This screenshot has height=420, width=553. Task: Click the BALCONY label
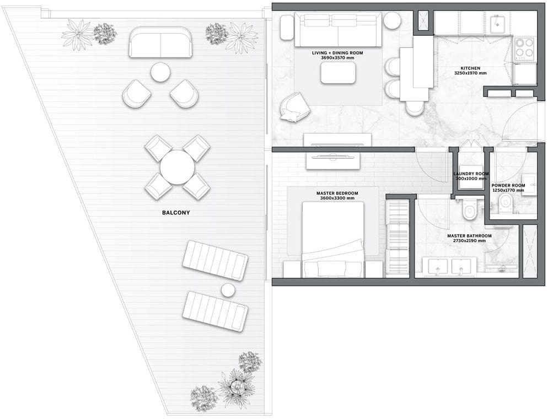pos(176,213)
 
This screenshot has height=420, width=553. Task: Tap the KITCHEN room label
pos(470,68)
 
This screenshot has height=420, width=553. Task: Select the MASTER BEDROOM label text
pos(337,193)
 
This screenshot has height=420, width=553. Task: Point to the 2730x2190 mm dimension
pos(469,241)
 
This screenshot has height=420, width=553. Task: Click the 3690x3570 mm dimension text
pos(337,57)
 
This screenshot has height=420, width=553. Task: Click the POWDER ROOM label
pos(508,185)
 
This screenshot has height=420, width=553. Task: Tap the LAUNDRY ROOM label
pos(471,174)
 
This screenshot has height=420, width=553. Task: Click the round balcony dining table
pos(177,168)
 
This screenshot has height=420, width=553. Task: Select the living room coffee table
pos(338,73)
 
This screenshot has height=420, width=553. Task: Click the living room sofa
pos(338,30)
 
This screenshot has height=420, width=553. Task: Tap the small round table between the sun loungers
pos(228,290)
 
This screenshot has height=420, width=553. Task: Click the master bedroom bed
pos(333,239)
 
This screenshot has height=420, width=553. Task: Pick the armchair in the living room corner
pos(295,107)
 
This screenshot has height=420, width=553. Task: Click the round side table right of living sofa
pos(392,21)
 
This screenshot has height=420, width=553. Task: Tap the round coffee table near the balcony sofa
pos(160,72)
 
